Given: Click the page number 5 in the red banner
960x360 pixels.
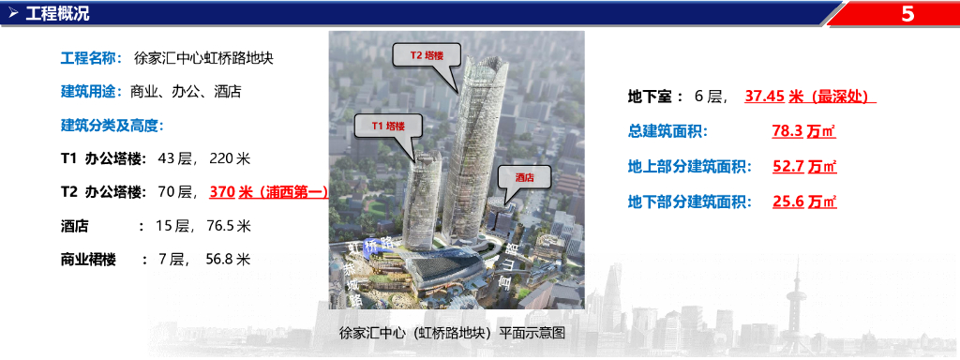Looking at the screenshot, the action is pos(907,13).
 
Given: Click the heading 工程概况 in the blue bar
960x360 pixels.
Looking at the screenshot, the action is pos(57,13).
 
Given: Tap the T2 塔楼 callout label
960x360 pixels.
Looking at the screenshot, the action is pos(427,55).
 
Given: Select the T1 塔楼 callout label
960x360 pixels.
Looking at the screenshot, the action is pos(388,127).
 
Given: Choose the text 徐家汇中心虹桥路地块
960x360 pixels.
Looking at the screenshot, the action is pos(203,59).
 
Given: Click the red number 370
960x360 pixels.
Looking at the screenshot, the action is pos(222,192).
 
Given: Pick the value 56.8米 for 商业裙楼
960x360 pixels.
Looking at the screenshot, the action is pos(229,260).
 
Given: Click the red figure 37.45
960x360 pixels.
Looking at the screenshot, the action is pos(765,97).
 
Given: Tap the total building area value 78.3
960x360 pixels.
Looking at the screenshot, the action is pos(787,131).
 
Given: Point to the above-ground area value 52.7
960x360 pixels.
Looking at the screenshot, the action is pos(787,166).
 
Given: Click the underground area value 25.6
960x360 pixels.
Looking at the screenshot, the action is pos(787,201).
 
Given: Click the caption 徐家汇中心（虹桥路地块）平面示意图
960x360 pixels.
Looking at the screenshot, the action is pos(452,334).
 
